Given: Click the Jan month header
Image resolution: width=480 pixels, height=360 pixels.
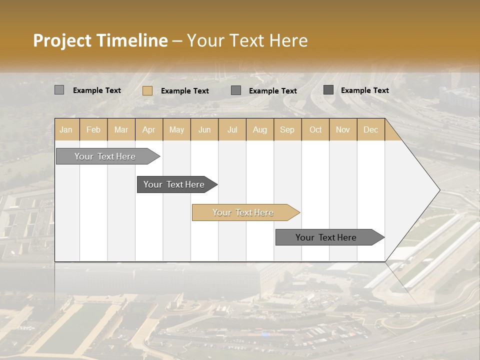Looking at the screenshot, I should tap(66, 130).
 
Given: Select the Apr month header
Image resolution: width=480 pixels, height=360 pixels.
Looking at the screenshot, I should tap(148, 130).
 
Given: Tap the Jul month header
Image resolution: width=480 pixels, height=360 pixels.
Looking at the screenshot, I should tap(232, 130).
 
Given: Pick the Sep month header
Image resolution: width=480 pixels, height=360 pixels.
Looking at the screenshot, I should tap(287, 130).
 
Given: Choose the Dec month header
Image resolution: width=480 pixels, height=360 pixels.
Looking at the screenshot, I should tap(370, 130).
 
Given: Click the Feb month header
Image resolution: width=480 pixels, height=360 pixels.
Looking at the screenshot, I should tap(93, 130).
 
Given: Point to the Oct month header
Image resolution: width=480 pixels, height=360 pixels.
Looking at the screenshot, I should tap(315, 130).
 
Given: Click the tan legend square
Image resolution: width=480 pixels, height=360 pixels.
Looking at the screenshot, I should tap(147, 90).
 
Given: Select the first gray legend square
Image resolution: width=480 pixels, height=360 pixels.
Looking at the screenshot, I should tap(59, 90).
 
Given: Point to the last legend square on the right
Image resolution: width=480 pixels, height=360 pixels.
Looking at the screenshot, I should tap(328, 90).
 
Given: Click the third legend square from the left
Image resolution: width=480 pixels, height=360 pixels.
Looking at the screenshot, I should tap(236, 90).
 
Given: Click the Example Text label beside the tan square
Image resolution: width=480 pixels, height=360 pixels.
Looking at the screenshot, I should tap(184, 91).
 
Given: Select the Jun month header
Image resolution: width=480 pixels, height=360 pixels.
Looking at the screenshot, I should tap(204, 130).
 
